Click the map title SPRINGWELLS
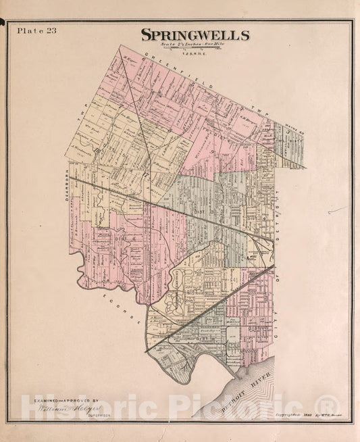point(195,36)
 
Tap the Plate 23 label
point(33,30)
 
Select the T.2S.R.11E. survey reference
point(195,51)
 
